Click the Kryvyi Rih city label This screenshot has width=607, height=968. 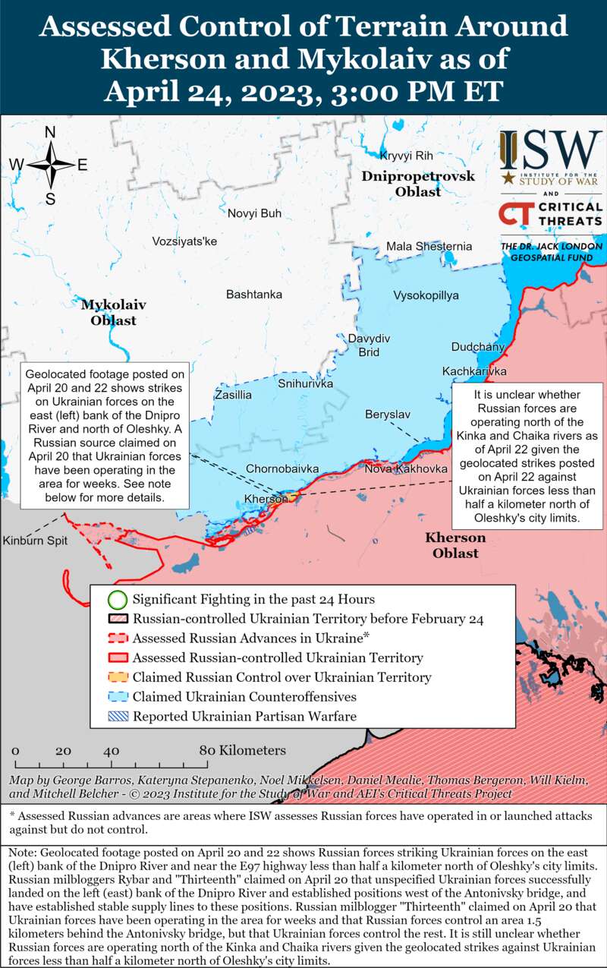406,156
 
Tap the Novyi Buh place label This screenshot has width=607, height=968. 254,213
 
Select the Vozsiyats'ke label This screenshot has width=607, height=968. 184,241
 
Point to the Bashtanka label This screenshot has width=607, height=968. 254,294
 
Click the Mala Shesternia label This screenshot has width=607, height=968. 429,246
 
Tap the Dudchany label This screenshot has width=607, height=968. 478,347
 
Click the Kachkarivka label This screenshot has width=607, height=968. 474,371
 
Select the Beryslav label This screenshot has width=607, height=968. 388,415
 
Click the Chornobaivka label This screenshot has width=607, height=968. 281,469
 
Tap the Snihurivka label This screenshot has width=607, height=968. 305,384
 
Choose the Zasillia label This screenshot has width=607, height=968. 233,395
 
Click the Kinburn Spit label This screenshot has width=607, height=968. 35,541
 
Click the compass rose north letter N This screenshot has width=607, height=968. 50,132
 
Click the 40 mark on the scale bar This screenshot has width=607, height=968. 111,751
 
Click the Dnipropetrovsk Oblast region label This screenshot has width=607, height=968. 417,184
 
